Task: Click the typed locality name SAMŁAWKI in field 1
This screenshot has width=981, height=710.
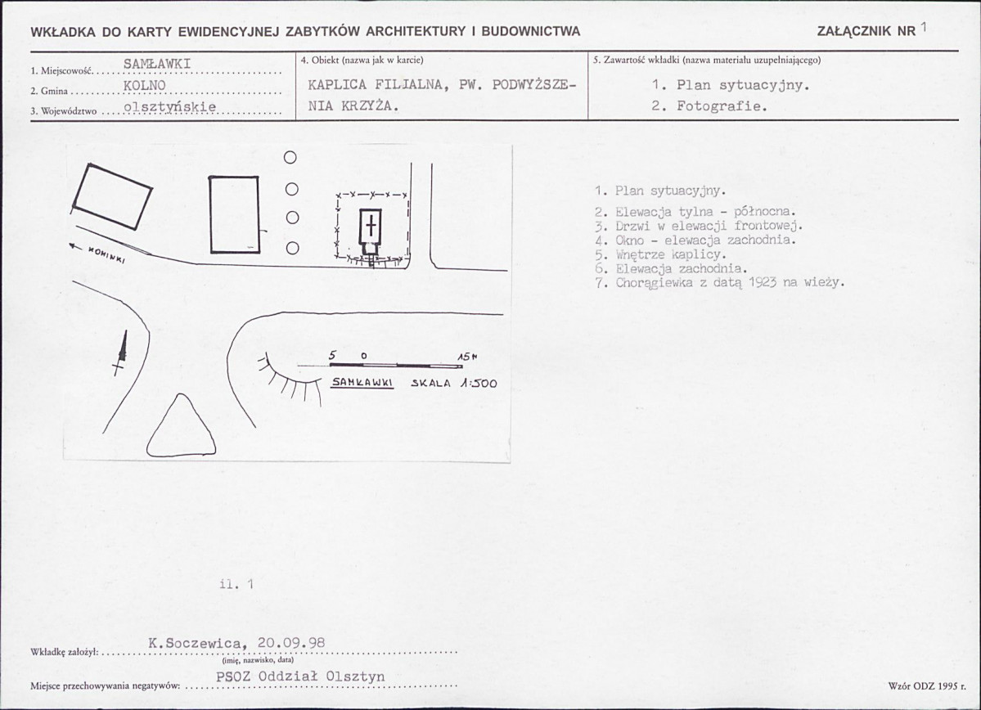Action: click(157, 64)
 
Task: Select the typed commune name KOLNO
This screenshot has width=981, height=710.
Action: click(145, 86)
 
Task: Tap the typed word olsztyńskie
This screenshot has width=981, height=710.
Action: click(170, 107)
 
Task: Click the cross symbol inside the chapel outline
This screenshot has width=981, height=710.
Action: click(371, 225)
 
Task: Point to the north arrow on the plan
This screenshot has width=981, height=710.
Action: click(121, 353)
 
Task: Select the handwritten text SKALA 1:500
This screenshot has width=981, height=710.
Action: click(453, 383)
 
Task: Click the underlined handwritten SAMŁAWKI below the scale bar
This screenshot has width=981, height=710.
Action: click(362, 382)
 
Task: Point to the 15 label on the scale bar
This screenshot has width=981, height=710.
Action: click(466, 357)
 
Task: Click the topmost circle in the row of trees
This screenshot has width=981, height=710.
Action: click(290, 158)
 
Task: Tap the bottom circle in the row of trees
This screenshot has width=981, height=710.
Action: click(292, 249)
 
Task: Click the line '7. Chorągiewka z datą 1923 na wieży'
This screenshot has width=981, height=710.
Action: click(720, 283)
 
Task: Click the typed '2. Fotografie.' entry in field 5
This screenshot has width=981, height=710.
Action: click(709, 106)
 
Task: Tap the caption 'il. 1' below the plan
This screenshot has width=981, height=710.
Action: click(236, 584)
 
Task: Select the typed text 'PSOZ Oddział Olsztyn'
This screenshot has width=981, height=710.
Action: click(300, 676)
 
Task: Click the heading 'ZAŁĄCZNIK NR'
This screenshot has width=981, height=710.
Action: click(866, 31)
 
